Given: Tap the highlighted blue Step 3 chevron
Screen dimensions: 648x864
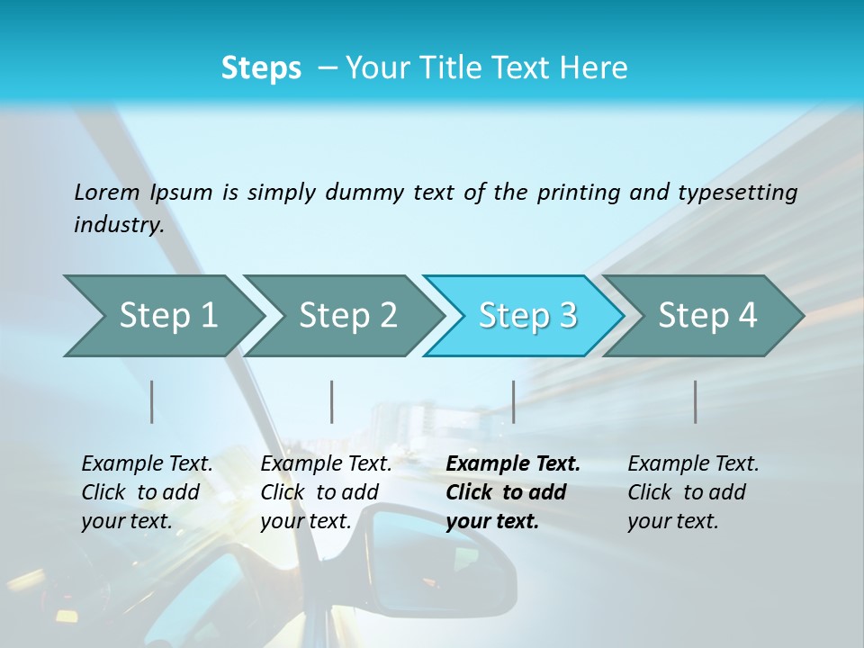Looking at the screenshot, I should pos(527,316).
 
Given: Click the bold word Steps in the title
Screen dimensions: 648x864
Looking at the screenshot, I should pos(261,68).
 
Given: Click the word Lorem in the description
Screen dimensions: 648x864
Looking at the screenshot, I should pos(107,192).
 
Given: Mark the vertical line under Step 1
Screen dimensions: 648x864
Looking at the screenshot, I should pos(152,401).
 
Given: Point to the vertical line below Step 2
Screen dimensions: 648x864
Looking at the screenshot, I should pos(332,401).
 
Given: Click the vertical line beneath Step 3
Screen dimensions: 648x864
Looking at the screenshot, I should pos(513,401).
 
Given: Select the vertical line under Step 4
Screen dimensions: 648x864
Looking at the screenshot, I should pos(695,401).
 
